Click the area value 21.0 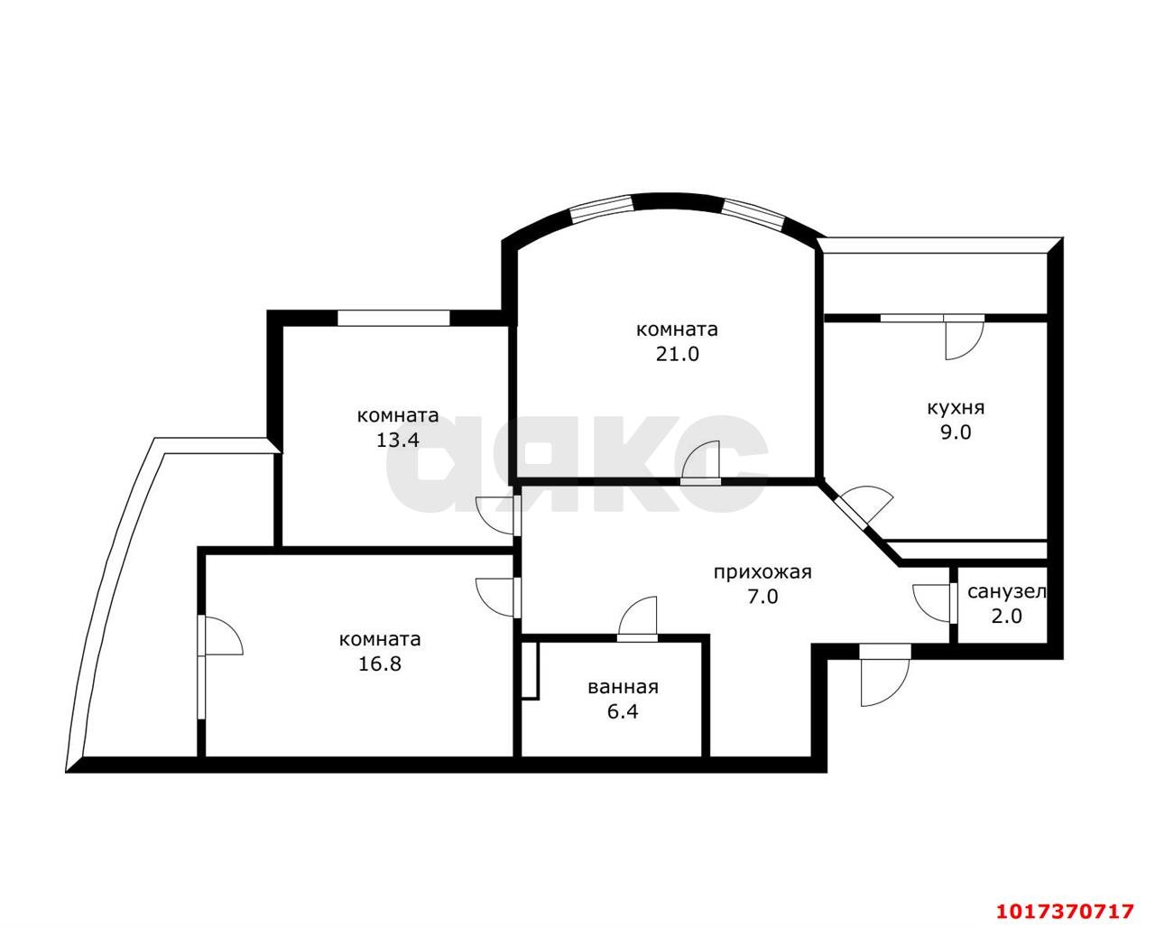tap(678, 355)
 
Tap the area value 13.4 tap(398, 441)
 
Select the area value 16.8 tap(380, 664)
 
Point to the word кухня tap(956, 408)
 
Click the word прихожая tap(762, 573)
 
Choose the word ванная tap(624, 687)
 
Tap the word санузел tap(1007, 592)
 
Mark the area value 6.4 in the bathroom tap(624, 712)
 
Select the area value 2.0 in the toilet tap(1007, 616)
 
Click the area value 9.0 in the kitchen tap(956, 432)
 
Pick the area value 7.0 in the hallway tap(762, 597)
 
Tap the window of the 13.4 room tap(393, 319)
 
